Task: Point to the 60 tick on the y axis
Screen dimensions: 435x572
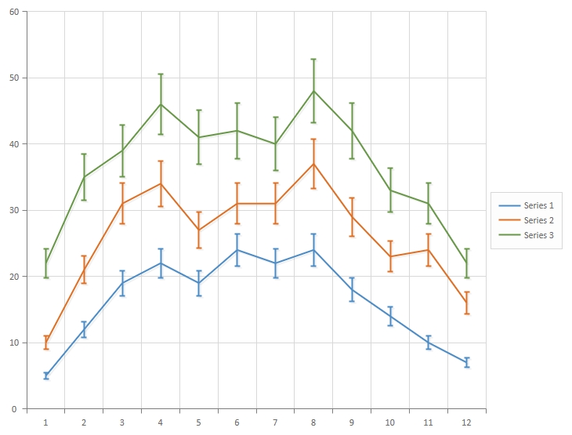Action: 13,12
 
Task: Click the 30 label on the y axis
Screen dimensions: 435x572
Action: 13,210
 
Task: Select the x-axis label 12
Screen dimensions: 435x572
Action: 467,422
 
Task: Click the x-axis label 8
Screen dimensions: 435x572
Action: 314,422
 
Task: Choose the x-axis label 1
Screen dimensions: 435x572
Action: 45,422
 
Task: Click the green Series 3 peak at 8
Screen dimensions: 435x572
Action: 314,91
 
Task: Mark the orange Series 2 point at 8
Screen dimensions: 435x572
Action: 314,164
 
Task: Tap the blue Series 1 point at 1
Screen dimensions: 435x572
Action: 45,376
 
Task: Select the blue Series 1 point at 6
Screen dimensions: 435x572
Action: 237,250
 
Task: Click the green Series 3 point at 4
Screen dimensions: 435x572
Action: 161,104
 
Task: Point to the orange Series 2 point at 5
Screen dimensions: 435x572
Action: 199,230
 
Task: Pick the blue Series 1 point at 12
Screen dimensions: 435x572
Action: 467,363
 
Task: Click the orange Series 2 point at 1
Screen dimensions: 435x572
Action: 45,343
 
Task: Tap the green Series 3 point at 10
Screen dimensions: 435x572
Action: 390,190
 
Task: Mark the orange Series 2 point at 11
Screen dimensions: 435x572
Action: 429,250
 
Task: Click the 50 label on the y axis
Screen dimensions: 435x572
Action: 13,78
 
